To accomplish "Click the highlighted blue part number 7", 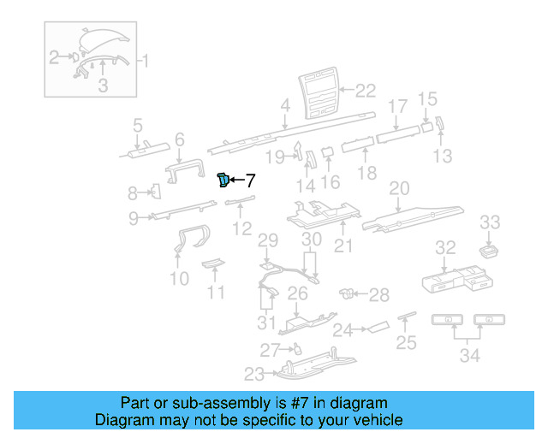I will [x=223, y=179].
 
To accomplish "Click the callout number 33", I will [x=489, y=222].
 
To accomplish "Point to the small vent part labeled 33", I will [x=489, y=249].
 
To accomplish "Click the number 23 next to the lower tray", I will [x=254, y=373].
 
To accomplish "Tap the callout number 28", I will [x=378, y=295].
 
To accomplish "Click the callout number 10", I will [x=179, y=278].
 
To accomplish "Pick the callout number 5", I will [x=137, y=127].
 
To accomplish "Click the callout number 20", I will [x=399, y=187].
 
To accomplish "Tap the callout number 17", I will [x=397, y=107].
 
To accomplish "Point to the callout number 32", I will [x=445, y=248].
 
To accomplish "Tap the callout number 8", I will [x=133, y=192].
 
